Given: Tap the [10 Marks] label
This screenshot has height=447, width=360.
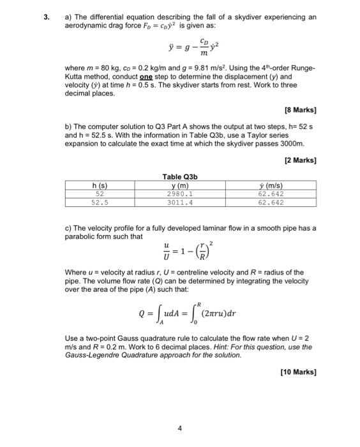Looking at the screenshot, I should [298, 371].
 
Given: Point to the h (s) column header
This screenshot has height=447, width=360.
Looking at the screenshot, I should [99, 186].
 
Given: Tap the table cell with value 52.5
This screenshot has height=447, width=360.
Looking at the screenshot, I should [99, 202].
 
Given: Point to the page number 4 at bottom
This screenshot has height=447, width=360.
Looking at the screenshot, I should [179, 429].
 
